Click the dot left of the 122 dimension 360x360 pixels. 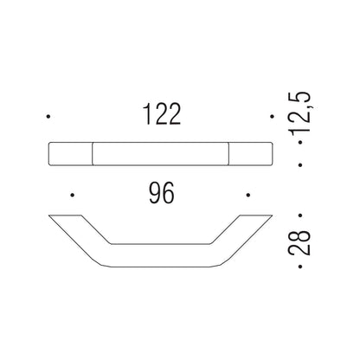coord(50,116)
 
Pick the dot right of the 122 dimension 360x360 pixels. coord(270,116)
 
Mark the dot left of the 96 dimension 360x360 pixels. coord(73,195)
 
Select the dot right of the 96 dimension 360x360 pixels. coord(247,195)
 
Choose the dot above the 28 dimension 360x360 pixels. coord(299,212)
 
